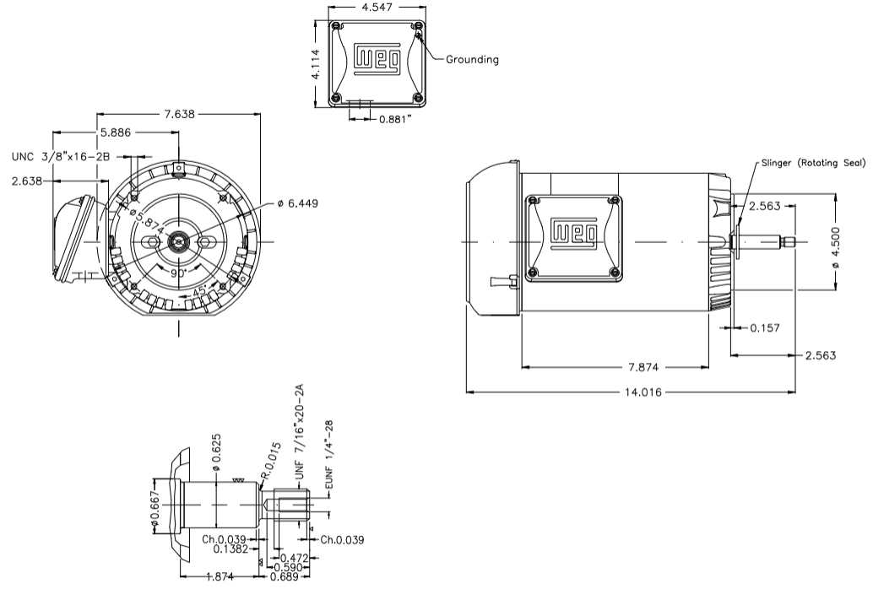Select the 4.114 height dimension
click(315, 63)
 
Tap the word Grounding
click(473, 60)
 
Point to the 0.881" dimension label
click(395, 120)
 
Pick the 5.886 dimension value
click(116, 132)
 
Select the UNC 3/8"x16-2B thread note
click(62, 156)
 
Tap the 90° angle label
click(176, 273)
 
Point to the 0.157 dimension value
click(766, 327)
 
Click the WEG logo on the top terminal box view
click(374, 57)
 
